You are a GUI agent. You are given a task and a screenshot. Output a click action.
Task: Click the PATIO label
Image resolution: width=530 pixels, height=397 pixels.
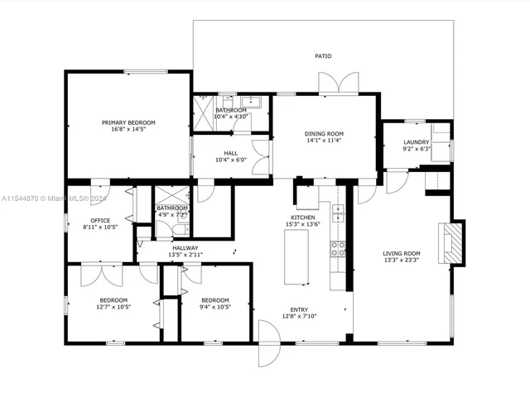(x=323, y=56)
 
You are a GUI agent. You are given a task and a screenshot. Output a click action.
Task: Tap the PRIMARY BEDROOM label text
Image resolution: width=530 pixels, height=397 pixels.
(x=128, y=122)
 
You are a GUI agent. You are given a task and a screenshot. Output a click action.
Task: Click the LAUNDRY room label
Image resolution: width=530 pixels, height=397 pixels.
(x=416, y=142)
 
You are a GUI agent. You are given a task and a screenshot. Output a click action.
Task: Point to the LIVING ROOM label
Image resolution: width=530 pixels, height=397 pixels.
(x=401, y=253)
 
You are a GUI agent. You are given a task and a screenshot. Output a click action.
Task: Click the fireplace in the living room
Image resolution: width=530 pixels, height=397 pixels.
(x=451, y=242)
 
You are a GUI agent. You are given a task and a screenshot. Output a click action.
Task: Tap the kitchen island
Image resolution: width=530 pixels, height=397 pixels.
(x=296, y=257)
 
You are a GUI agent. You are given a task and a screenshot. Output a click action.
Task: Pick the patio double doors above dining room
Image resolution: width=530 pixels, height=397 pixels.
(x=339, y=84)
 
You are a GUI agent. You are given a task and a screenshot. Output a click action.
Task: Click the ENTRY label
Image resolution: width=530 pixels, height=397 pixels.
(x=299, y=308)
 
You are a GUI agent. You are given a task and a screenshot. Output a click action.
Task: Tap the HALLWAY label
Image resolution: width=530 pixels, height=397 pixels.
(x=185, y=247)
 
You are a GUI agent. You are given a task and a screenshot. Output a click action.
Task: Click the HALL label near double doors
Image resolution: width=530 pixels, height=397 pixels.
(x=231, y=152)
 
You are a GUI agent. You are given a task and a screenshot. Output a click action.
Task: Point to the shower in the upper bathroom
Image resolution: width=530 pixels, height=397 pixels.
(x=203, y=108)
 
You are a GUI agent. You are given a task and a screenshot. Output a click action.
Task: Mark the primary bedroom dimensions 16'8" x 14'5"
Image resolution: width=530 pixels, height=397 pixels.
(x=128, y=130)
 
